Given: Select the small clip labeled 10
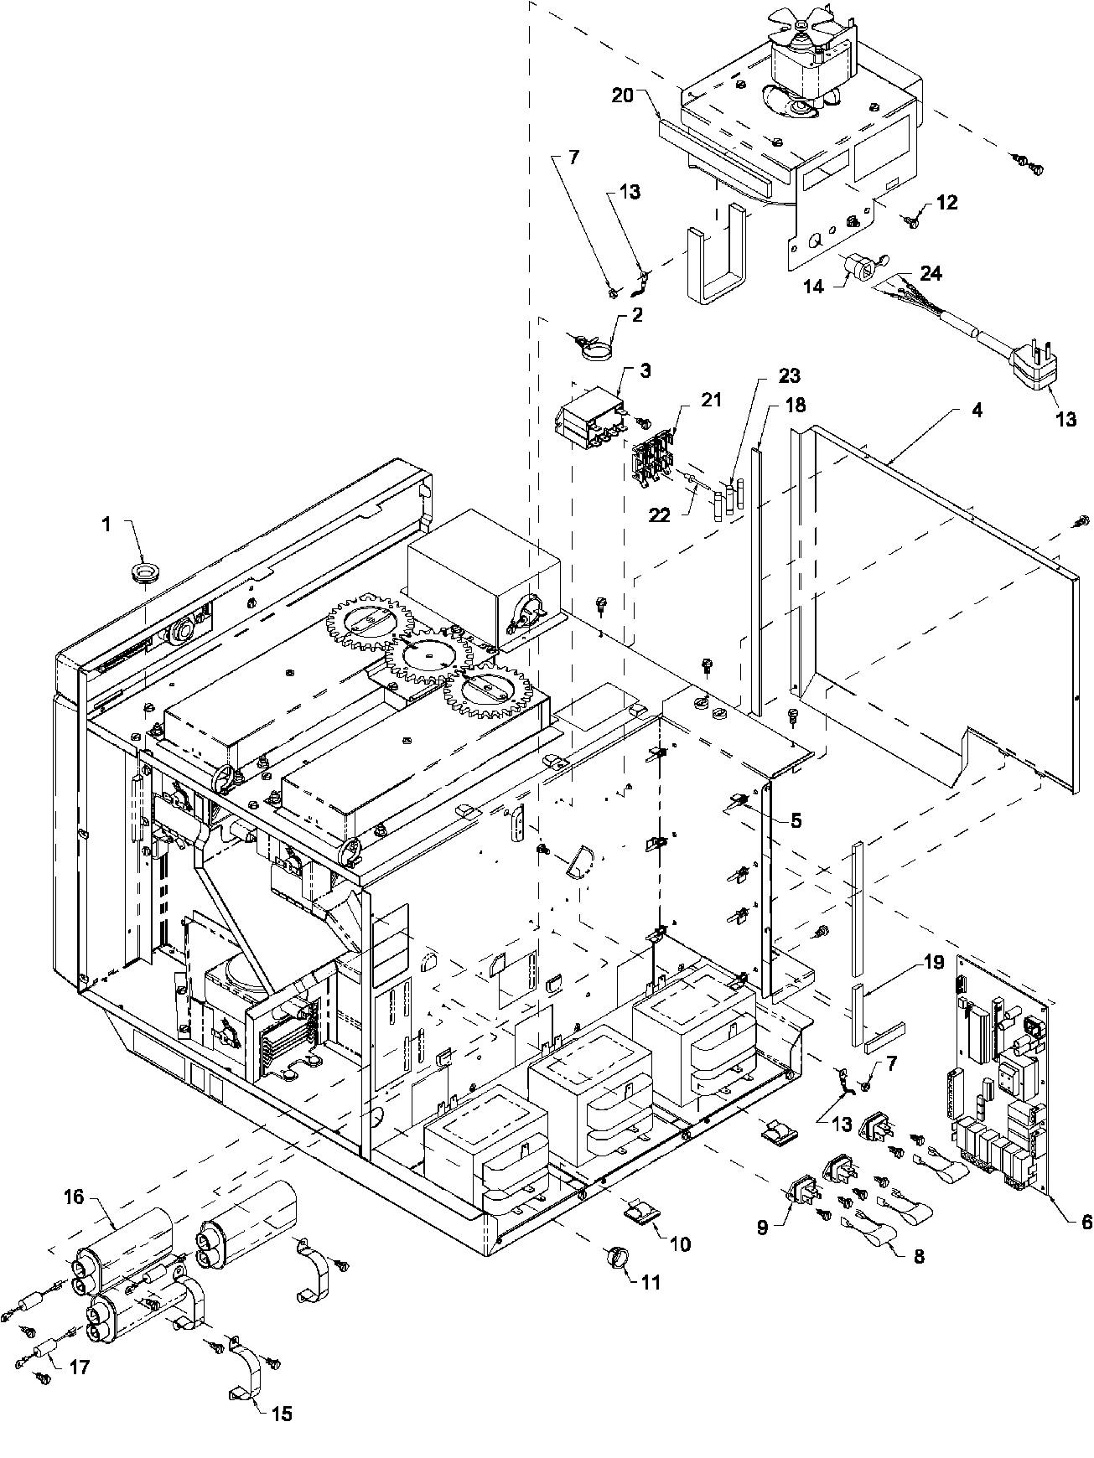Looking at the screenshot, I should click(x=640, y=1212).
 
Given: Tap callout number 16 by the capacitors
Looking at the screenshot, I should click(x=75, y=1197).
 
